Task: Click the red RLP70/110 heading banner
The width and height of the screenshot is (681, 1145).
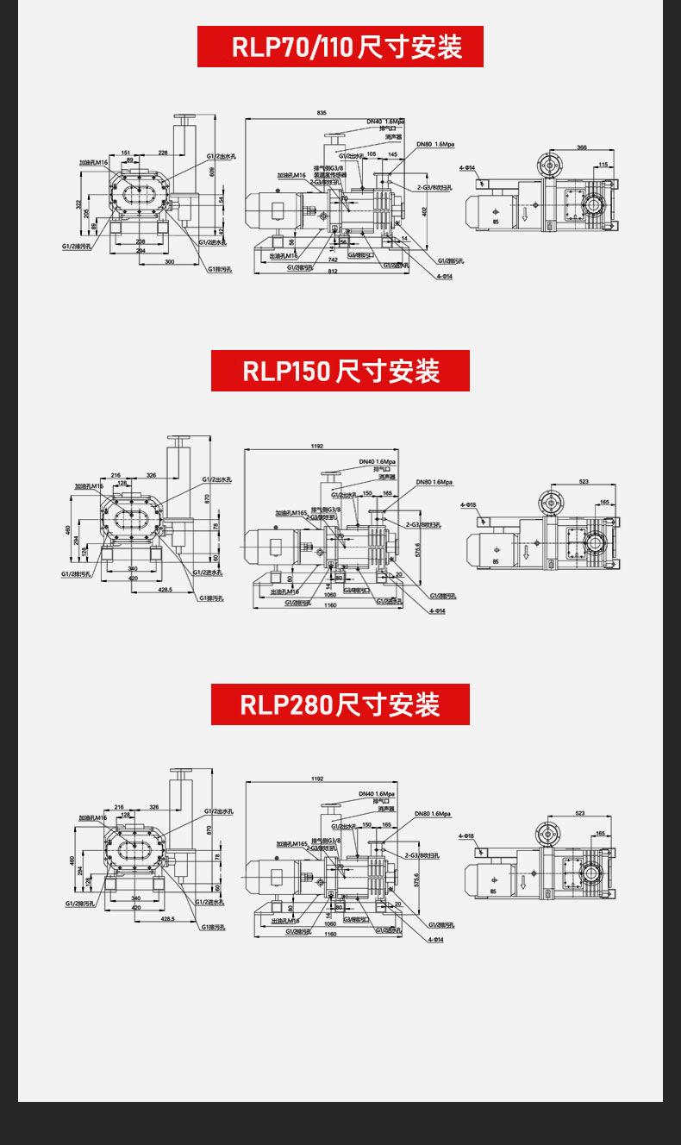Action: [x=340, y=47]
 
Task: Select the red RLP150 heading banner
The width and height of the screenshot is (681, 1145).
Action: [x=340, y=371]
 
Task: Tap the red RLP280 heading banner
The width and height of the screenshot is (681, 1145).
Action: [x=340, y=704]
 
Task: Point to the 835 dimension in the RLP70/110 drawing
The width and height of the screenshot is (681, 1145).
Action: [x=322, y=113]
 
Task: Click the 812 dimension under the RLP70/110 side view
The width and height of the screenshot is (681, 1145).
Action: [x=333, y=272]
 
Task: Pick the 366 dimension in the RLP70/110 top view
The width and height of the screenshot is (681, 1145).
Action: [x=582, y=147]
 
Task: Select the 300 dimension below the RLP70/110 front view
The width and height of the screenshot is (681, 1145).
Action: [x=169, y=261]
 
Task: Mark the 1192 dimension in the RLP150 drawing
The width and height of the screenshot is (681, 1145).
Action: [x=316, y=446]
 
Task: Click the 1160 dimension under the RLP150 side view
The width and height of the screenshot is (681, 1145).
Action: [x=330, y=605]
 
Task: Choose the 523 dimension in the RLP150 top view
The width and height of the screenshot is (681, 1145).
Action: [x=584, y=481]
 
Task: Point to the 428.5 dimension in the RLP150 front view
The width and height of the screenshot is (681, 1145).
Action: [x=166, y=590]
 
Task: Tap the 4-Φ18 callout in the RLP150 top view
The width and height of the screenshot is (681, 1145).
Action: [x=468, y=504]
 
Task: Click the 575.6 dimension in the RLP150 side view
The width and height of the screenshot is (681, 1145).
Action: [x=418, y=549]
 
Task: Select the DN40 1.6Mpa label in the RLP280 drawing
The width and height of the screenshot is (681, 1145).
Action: [x=377, y=793]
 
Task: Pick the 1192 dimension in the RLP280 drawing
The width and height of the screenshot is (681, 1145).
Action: [x=317, y=779]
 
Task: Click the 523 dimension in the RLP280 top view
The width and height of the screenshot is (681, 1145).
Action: [x=579, y=813]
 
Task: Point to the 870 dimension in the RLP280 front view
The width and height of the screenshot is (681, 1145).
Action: [x=209, y=829]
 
